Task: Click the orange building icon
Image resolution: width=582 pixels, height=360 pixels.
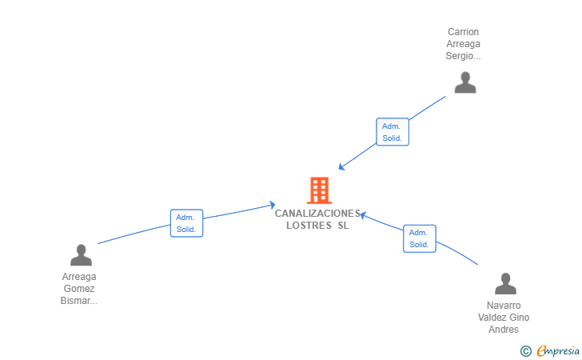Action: tap(319, 190)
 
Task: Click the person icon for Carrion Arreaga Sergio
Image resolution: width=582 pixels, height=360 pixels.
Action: tap(464, 82)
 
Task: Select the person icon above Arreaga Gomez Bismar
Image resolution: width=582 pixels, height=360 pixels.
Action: tap(81, 255)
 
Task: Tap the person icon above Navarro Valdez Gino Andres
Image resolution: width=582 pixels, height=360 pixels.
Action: tap(505, 284)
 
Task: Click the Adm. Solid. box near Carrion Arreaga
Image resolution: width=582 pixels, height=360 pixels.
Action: tap(392, 132)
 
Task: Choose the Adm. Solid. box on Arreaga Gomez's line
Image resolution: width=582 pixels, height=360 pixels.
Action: tap(187, 223)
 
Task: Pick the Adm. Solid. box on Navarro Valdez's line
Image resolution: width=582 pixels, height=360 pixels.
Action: tap(419, 238)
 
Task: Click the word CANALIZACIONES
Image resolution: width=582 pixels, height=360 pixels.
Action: tap(317, 214)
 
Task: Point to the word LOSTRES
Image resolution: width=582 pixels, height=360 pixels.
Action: tap(308, 226)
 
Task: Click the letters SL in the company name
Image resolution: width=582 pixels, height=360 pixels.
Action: tap(343, 226)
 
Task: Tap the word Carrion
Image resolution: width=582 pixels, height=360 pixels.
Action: tap(463, 32)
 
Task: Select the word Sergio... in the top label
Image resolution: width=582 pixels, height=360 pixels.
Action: tap(463, 56)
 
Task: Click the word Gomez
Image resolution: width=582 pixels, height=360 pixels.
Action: tap(79, 289)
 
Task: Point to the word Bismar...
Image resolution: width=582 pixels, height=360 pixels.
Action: tap(78, 301)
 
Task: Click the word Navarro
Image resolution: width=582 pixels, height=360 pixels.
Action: tap(504, 306)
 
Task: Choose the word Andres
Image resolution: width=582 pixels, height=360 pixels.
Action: tap(504, 330)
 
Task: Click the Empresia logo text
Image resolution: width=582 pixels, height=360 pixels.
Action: tap(558, 350)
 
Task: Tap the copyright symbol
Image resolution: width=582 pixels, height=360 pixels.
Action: tap(525, 350)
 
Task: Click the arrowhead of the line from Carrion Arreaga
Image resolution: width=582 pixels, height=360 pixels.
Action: tap(341, 168)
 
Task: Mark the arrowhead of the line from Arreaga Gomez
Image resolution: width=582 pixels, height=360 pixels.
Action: tap(273, 205)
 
